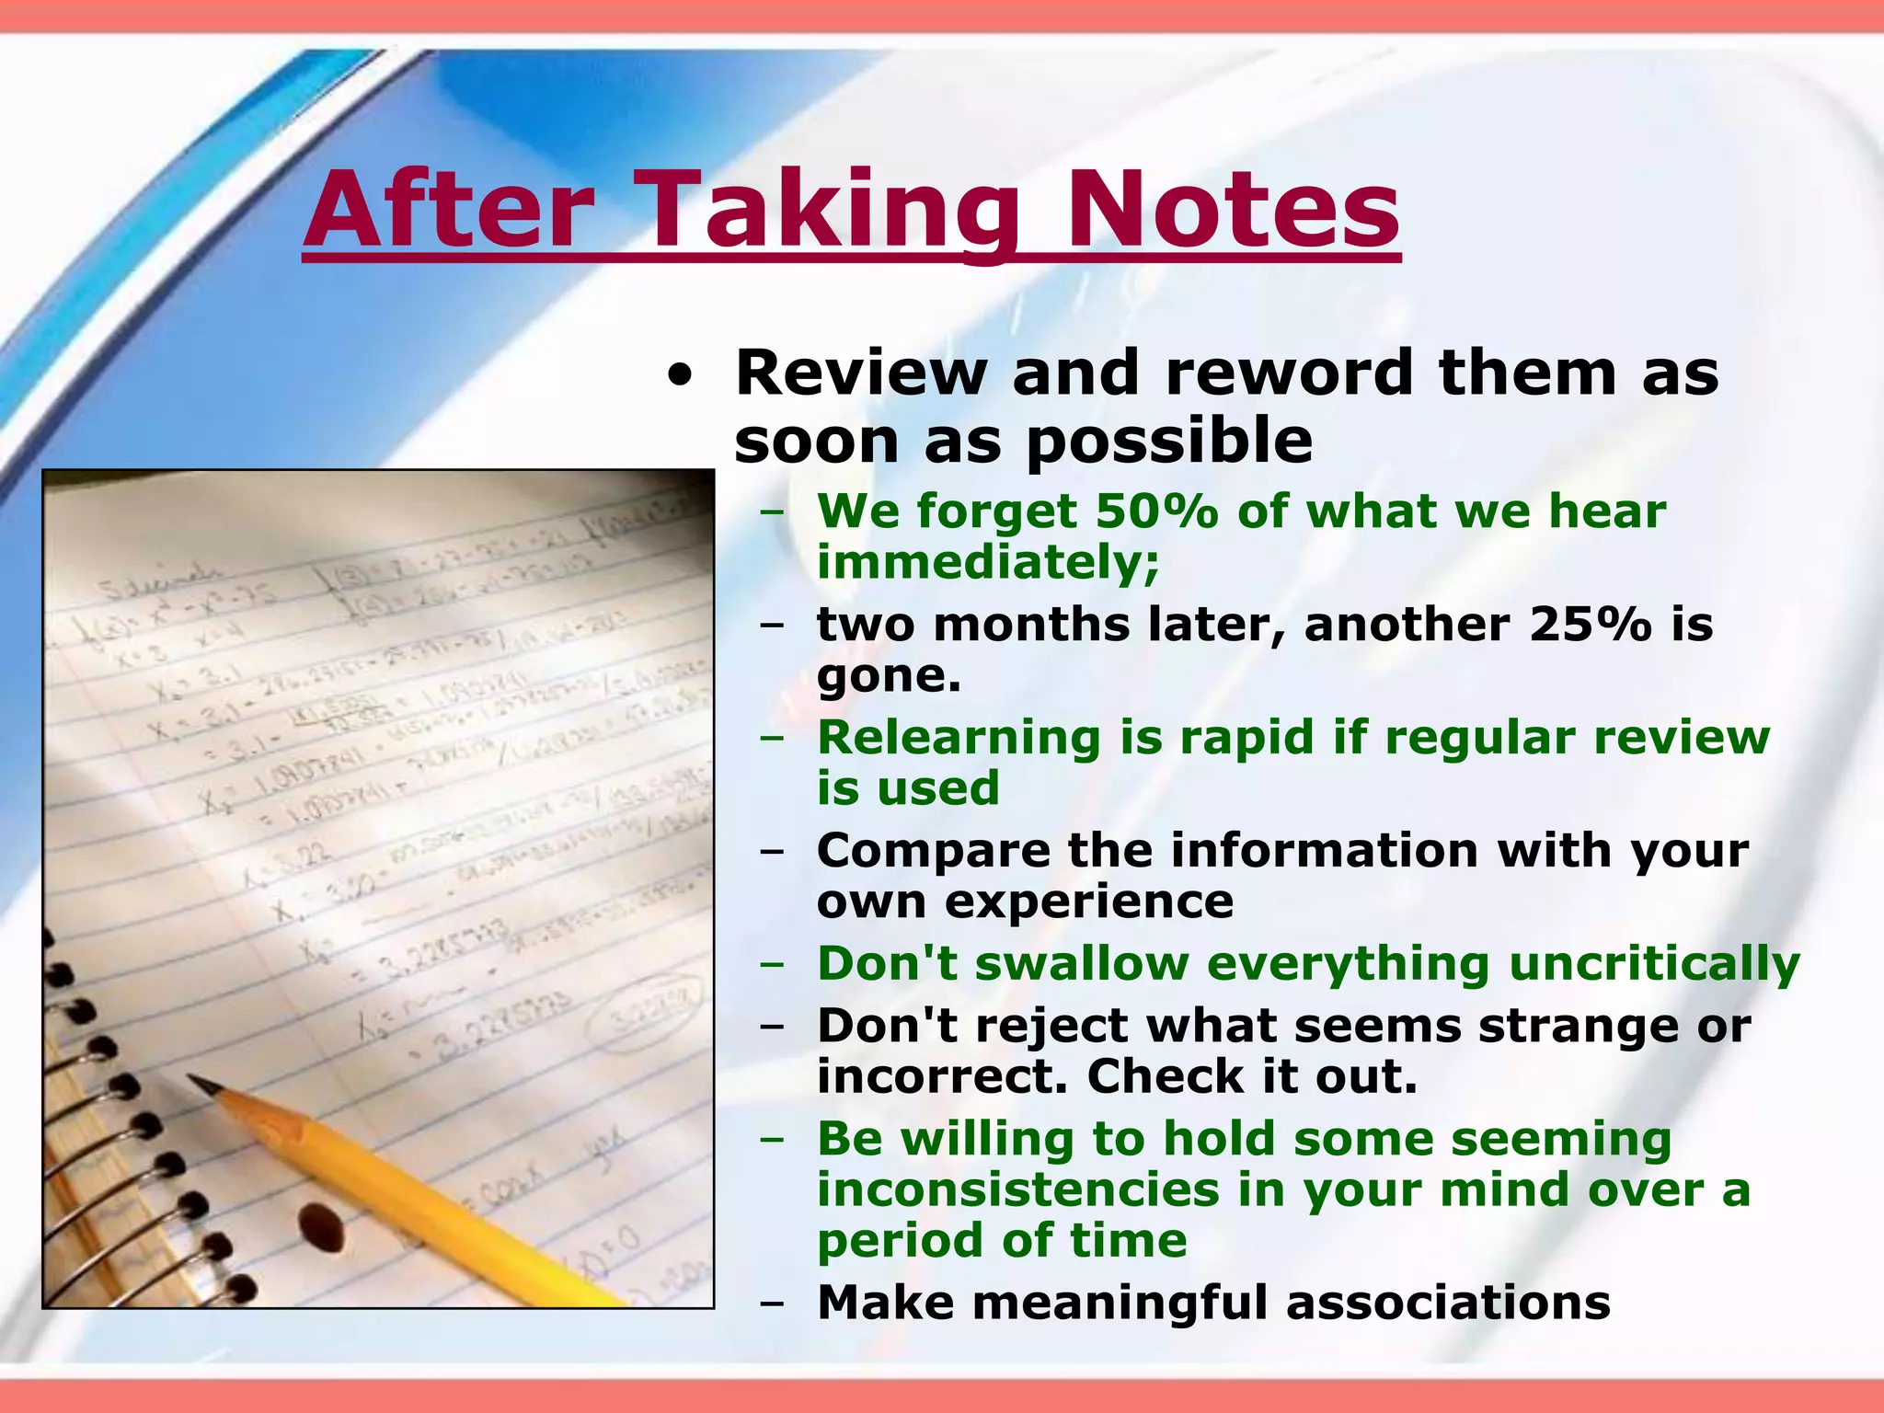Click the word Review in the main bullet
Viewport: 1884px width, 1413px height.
click(x=861, y=373)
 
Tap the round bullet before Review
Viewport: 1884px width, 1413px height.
click(x=679, y=376)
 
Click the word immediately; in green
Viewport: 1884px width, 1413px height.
click(x=988, y=562)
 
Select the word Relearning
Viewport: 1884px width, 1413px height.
click(x=959, y=738)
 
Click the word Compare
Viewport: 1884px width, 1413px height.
click(x=933, y=851)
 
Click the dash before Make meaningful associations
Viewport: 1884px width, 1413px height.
click(x=772, y=1304)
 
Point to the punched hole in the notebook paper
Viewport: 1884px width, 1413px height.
click(x=320, y=1226)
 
